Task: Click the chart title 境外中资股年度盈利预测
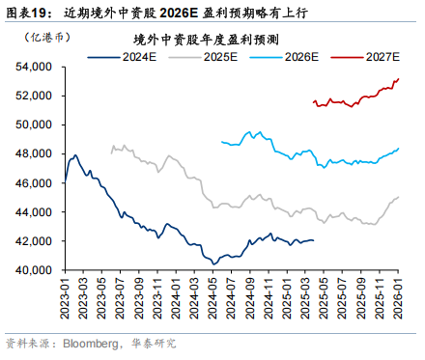point(207,40)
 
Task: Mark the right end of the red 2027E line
point(399,79)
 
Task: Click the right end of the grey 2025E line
point(399,197)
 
